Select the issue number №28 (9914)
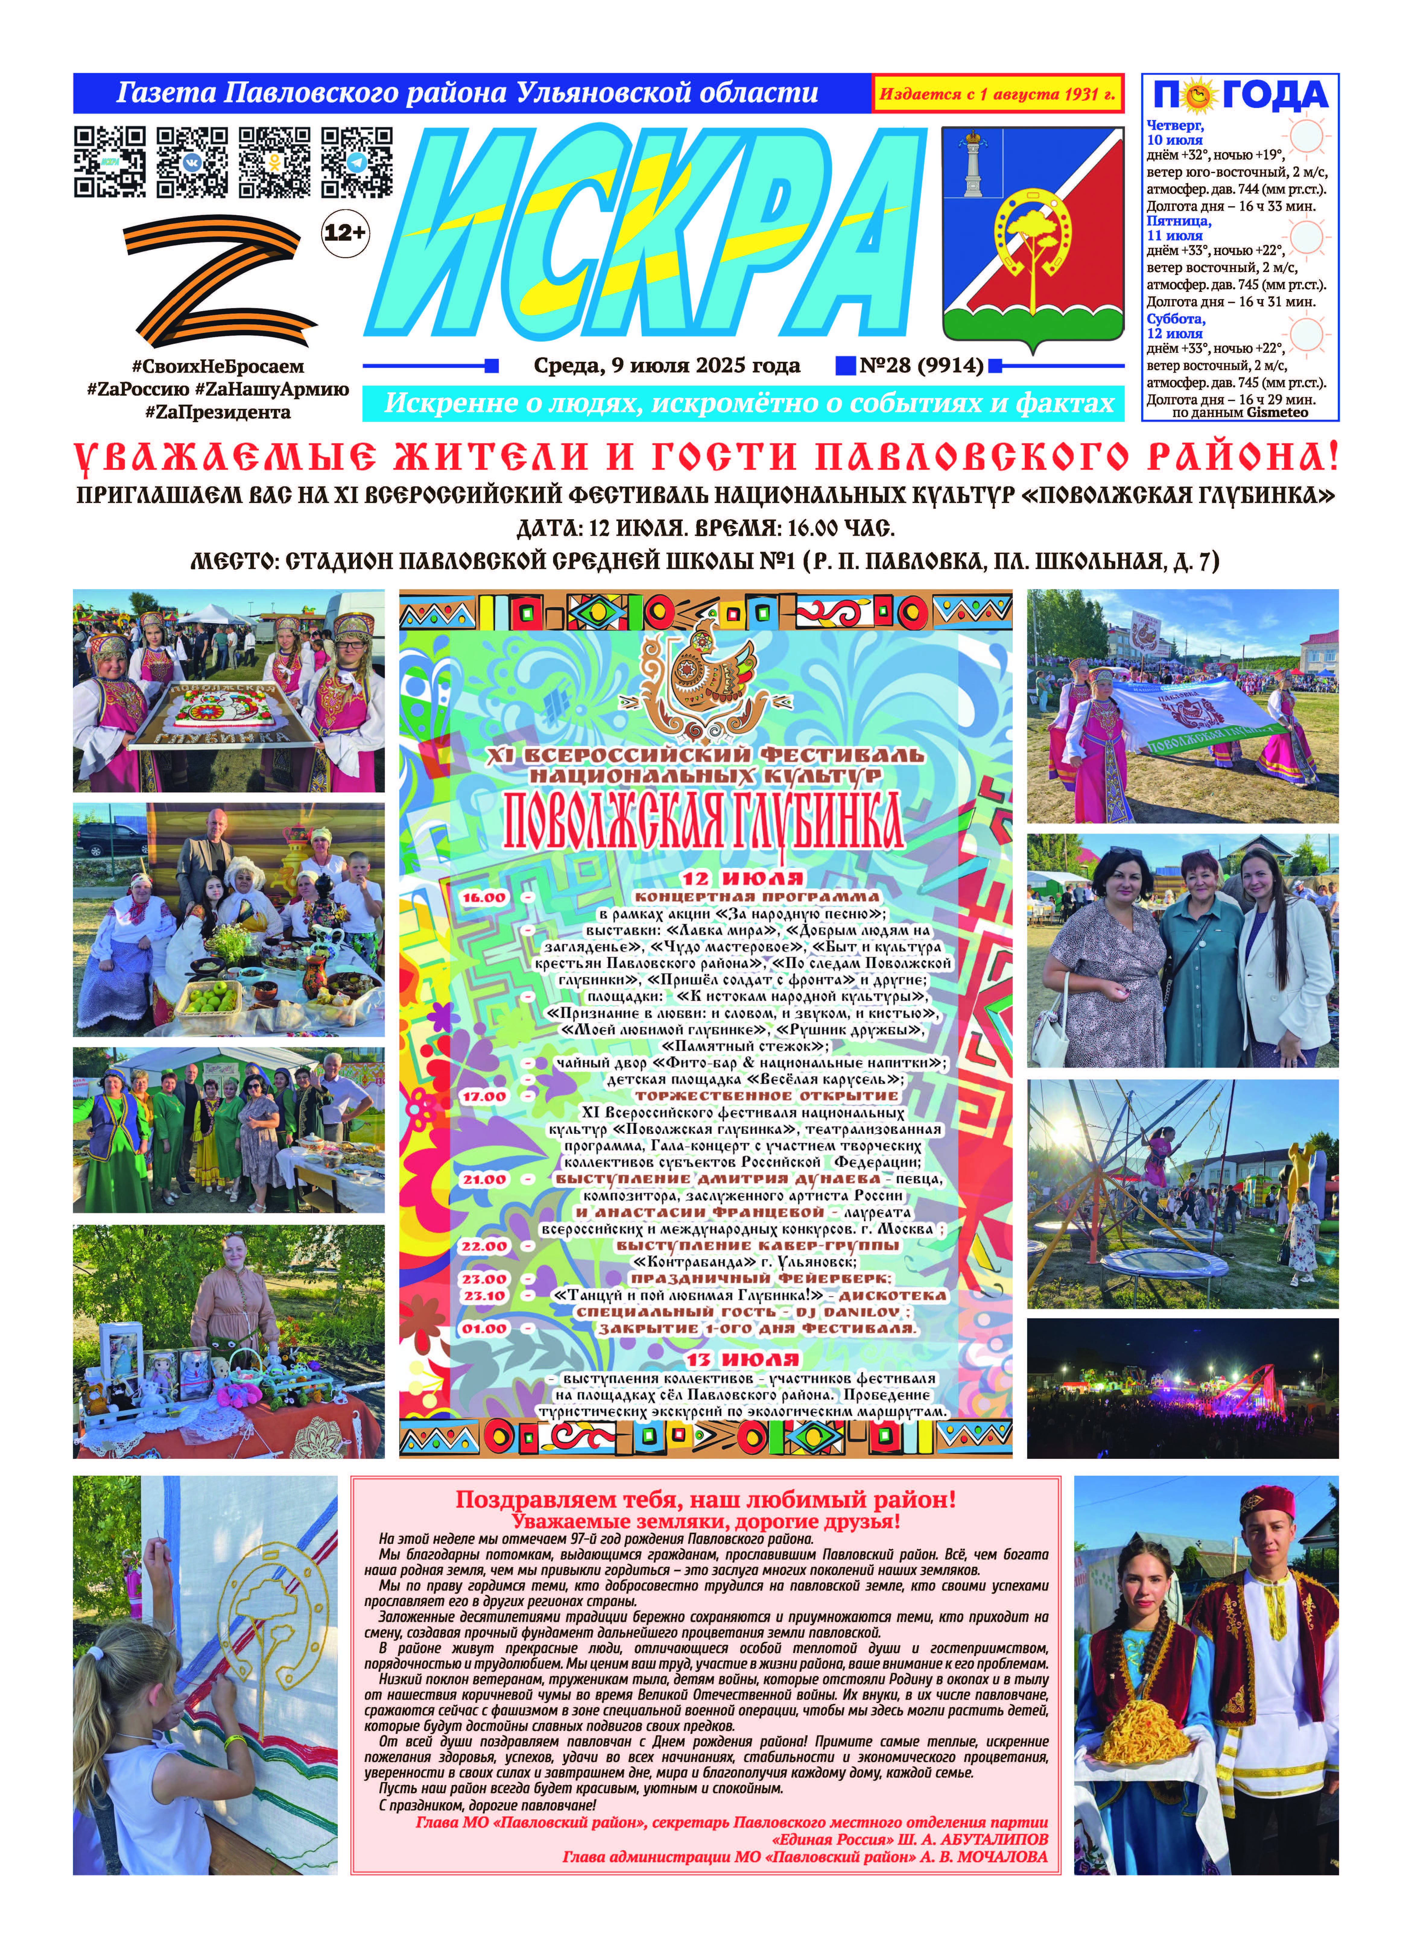click(x=921, y=366)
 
